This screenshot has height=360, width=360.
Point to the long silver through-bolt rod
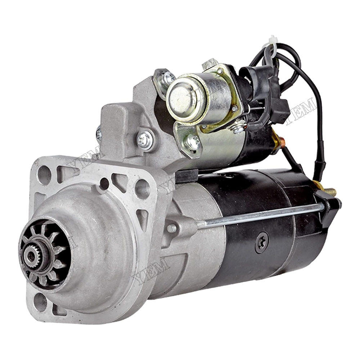click(x=259, y=215)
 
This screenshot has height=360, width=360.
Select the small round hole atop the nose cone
click(x=104, y=184)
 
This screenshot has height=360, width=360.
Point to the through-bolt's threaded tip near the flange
click(x=172, y=228)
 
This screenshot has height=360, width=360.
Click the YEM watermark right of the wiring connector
click(x=300, y=110)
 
